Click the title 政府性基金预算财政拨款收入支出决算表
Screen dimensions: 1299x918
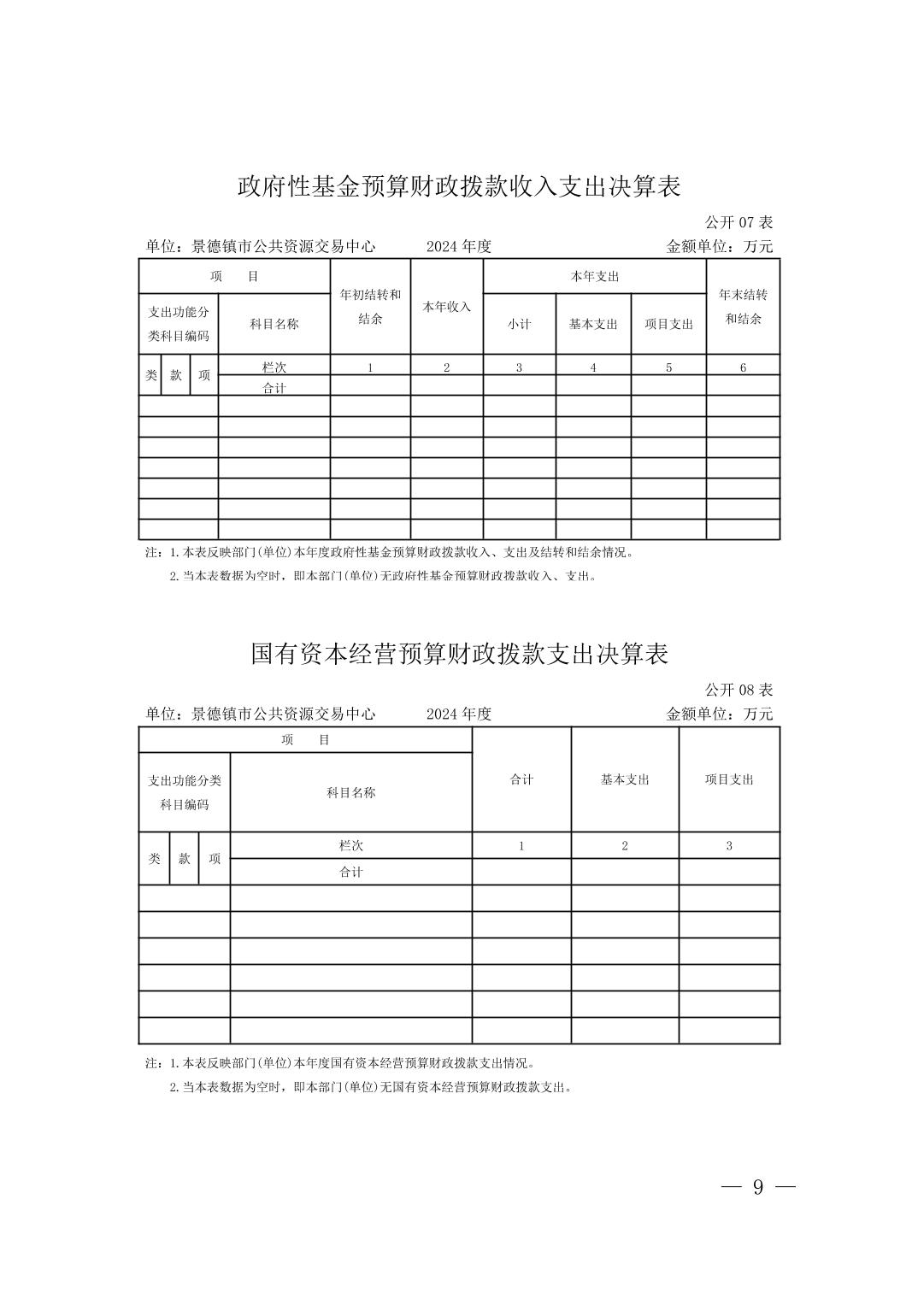[458, 186]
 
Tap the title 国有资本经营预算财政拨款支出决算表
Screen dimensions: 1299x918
[458, 654]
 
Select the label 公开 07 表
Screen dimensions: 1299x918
[739, 222]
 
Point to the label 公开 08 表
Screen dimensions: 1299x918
[739, 690]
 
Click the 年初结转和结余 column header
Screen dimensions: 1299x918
[370, 307]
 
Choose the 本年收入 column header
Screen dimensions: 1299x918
[446, 307]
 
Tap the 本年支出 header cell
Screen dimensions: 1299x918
[594, 277]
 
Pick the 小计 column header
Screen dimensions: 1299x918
[519, 324]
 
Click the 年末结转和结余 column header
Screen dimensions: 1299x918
[743, 307]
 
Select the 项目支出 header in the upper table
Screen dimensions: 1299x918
[668, 324]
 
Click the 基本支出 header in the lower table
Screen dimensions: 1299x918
[625, 779]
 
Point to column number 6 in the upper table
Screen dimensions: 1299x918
[743, 367]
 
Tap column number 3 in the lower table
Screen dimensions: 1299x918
[729, 845]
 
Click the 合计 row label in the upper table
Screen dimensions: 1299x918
[274, 387]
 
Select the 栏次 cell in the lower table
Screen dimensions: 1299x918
[351, 845]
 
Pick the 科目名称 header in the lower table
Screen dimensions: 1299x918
[351, 792]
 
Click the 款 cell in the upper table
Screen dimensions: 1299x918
[176, 375]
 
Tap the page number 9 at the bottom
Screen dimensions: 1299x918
[758, 1187]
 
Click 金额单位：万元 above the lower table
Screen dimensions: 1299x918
[719, 714]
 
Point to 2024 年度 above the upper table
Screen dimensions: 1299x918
[459, 246]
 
